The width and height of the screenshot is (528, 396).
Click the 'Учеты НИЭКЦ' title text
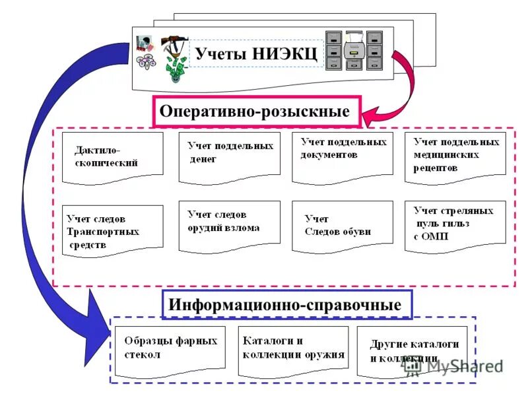click(x=256, y=53)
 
